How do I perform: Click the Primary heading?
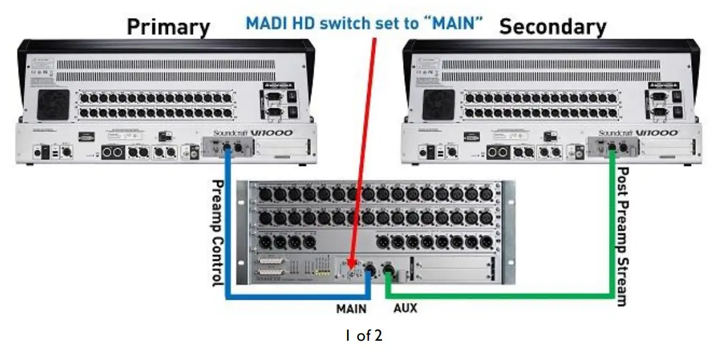(168, 27)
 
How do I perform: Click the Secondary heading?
(552, 27)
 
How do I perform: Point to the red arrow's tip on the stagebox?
(352, 267)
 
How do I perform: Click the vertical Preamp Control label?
(218, 233)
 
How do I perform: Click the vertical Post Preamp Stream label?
(623, 236)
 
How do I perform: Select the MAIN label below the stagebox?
(351, 308)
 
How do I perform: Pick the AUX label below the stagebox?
(405, 308)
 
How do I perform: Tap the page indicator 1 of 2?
(364, 336)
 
